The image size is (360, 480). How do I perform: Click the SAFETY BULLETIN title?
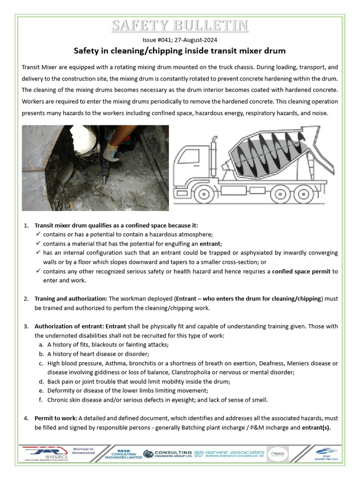tap(180, 25)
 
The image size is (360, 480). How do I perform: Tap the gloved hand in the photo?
tap(111, 150)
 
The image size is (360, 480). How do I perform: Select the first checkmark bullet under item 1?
tap(38, 234)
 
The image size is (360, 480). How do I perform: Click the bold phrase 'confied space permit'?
tap(301, 271)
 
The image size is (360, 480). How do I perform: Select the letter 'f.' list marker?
tap(41, 400)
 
